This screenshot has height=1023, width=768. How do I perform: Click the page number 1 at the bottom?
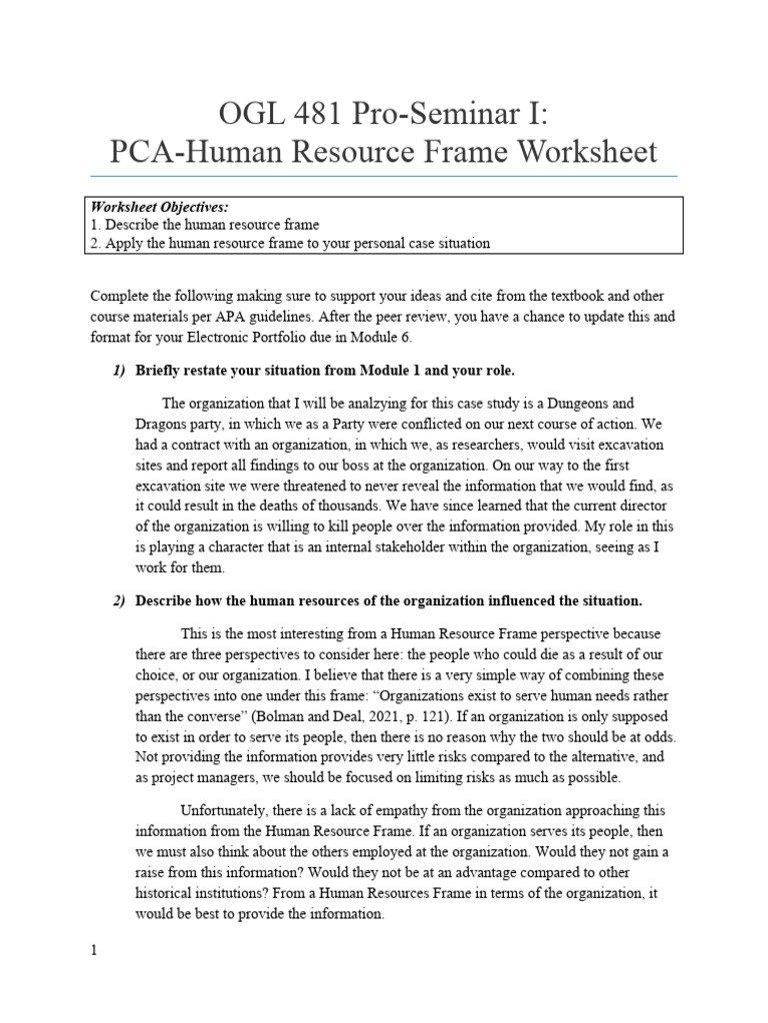tap(94, 950)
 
